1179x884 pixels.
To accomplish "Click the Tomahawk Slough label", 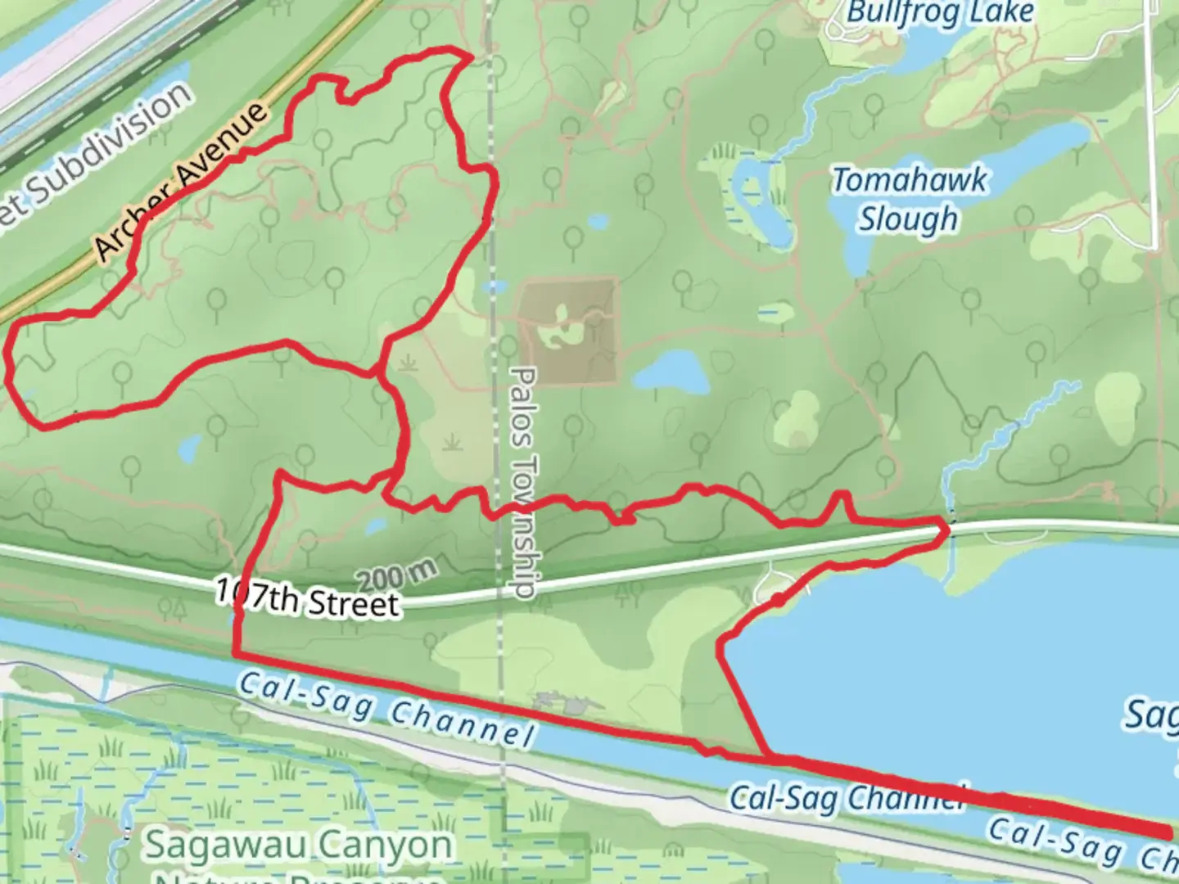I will point(909,199).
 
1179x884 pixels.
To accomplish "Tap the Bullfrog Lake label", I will point(940,13).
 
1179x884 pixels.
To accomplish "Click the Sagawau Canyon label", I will point(298,845).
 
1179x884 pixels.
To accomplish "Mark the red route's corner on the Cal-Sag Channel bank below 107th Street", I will point(237,654).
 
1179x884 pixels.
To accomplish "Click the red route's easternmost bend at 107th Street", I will point(947,530).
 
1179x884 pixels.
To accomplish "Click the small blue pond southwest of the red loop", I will point(189,447).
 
